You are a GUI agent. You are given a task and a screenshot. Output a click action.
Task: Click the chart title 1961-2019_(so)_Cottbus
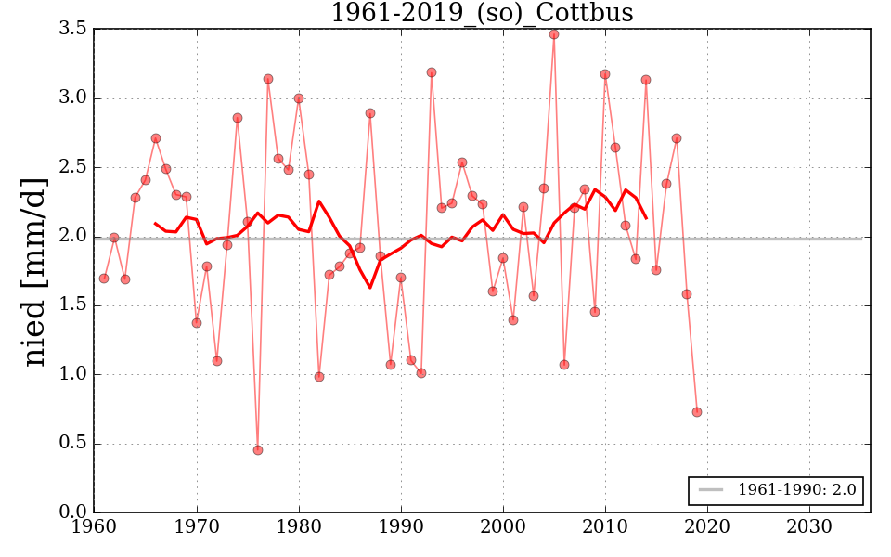click(x=483, y=13)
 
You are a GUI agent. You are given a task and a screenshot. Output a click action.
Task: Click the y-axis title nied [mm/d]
click(x=34, y=271)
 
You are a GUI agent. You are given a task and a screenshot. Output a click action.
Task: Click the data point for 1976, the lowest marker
click(x=258, y=450)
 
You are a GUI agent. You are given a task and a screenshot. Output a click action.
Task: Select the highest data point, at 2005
click(x=554, y=34)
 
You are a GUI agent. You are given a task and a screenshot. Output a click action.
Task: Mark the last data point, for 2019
click(x=697, y=412)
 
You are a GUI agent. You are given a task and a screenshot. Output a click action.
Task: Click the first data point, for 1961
click(x=104, y=278)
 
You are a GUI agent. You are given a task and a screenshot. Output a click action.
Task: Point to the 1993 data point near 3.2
click(x=432, y=72)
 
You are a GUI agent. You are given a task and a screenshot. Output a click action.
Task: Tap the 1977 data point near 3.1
click(x=268, y=79)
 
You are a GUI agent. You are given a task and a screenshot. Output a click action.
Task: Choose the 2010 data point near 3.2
click(x=605, y=74)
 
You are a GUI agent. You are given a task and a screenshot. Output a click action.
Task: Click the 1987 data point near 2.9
click(x=370, y=113)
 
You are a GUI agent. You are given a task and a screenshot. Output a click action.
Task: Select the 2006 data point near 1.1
click(x=564, y=365)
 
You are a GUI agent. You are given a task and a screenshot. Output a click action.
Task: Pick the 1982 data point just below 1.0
click(x=319, y=377)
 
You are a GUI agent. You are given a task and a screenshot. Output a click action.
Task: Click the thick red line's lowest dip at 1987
click(x=370, y=287)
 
